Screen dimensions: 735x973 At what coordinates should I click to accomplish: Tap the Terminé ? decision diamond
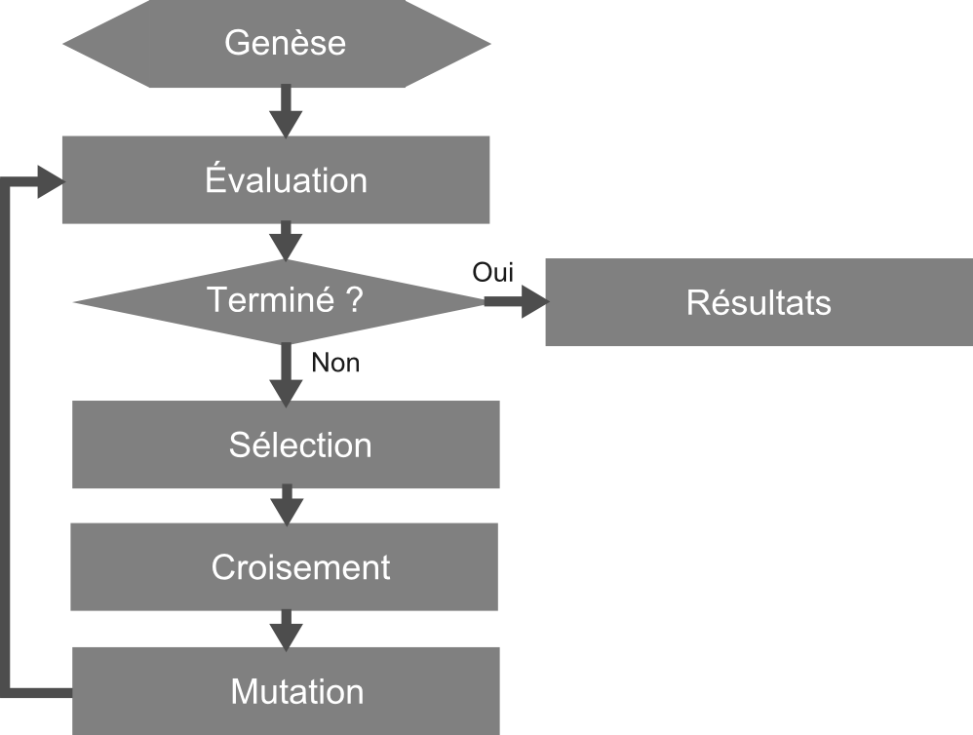[x=146, y=302]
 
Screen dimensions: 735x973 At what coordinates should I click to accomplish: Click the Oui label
[x=492, y=272]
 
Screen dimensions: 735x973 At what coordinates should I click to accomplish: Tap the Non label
[x=335, y=364]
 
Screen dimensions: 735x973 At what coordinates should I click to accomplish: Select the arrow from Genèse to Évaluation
[x=286, y=111]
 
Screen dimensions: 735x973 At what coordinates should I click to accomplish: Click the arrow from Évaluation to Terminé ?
[x=286, y=241]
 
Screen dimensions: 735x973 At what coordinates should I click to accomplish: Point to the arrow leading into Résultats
[x=517, y=302]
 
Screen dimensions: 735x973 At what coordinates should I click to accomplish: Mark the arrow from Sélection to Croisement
[x=286, y=505]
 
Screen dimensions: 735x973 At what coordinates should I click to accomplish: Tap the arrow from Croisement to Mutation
[x=286, y=628]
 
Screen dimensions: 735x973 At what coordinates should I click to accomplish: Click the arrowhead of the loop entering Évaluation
[x=50, y=181]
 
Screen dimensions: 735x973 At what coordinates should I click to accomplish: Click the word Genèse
[x=285, y=44]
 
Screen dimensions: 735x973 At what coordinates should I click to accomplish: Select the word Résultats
[x=759, y=302]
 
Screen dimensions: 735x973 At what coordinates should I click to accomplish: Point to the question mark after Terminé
[x=354, y=299]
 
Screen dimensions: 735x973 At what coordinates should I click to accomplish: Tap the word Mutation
[x=297, y=691]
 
